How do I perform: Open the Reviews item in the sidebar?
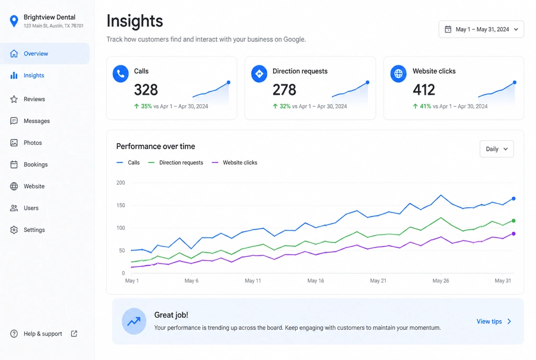34,99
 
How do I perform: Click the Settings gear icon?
14,230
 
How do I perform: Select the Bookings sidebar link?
36,165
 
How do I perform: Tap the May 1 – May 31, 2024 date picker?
481,29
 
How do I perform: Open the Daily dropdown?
497,149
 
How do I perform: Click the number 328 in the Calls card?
146,90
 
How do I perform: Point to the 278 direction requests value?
284,90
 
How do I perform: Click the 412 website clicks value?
424,90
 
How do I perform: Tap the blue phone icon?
121,73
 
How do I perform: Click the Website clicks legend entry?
234,163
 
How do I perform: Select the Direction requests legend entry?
175,163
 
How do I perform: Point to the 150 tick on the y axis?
121,205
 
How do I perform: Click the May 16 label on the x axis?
316,281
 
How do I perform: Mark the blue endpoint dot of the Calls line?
513,198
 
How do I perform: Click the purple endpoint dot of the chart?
513,233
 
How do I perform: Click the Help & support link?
43,334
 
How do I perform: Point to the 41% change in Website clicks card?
426,106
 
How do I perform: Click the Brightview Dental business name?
50,17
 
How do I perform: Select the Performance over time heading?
155,146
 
